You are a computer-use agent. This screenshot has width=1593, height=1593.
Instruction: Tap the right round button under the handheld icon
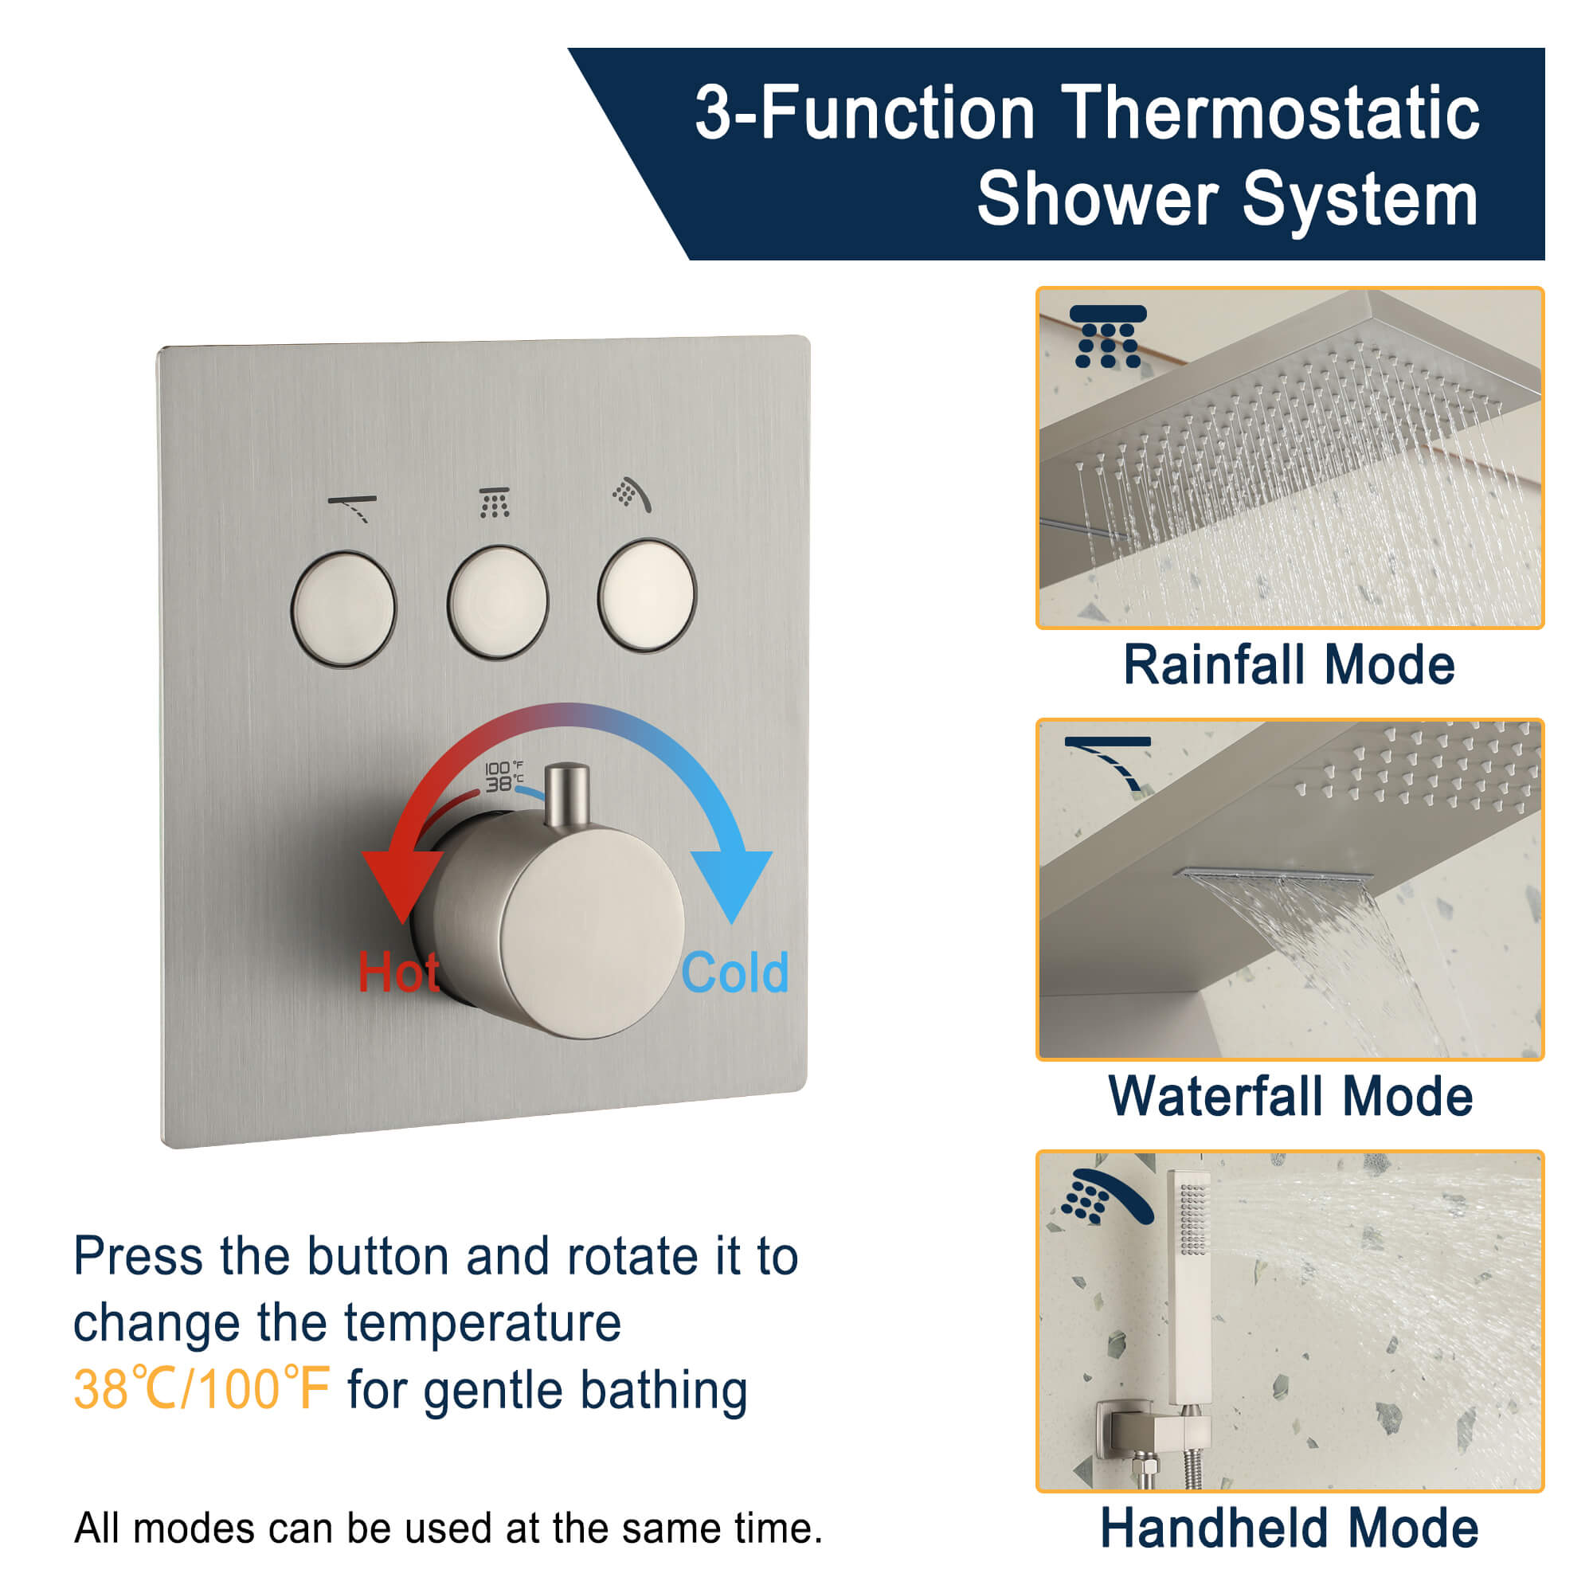pos(648,595)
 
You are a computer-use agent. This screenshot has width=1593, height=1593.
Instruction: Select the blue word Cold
pos(734,973)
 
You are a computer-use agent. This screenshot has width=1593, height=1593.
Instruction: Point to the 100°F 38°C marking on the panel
pos(502,776)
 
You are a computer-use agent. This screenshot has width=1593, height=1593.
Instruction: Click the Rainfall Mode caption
pos(1289,665)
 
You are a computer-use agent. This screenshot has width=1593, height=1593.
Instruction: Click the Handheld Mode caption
pos(1289,1528)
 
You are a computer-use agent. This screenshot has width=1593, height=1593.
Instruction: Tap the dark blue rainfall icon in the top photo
pos(1107,335)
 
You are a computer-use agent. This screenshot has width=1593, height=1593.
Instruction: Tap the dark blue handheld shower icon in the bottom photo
pos(1106,1196)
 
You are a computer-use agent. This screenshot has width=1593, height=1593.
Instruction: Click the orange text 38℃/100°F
pos(202,1389)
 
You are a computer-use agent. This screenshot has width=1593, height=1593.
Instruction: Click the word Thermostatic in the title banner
pos(1269,113)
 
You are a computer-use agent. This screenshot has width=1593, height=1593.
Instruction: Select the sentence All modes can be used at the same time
pos(448,1528)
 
